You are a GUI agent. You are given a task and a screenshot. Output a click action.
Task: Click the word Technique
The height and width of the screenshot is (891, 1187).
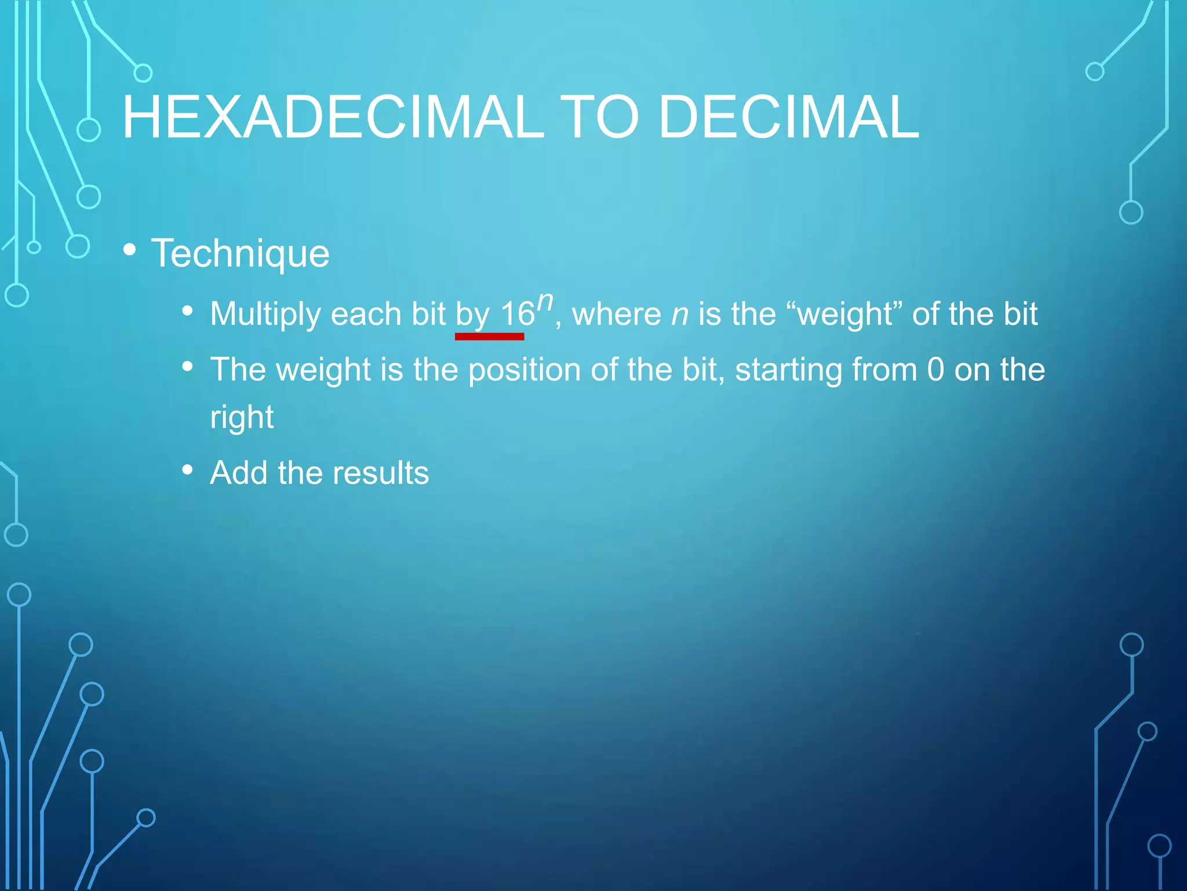240,253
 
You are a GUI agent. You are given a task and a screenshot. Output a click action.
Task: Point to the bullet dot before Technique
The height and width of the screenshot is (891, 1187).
130,250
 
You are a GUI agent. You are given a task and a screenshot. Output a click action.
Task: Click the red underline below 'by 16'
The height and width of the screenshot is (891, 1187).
489,336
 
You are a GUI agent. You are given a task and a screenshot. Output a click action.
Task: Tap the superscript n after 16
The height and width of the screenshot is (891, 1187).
545,302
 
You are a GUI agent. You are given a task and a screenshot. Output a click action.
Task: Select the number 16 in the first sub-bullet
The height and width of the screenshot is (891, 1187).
518,314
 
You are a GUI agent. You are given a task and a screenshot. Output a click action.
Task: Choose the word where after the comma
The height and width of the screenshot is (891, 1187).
617,314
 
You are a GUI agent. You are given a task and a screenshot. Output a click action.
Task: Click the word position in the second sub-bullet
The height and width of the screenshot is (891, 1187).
524,371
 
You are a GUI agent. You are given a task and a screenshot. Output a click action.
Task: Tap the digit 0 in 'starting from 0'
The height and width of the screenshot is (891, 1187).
935,370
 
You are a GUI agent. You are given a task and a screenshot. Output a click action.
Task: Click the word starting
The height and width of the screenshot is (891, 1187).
788,371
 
